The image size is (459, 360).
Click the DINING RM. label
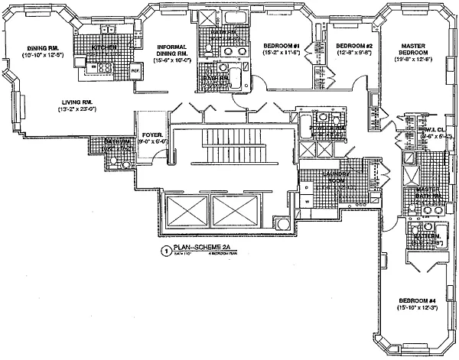pyautogui.click(x=39, y=46)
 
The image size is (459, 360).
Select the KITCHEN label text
pyautogui.click(x=105, y=48)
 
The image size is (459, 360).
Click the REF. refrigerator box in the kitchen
pyautogui.click(x=135, y=72)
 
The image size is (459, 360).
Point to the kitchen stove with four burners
pyautogui.click(x=103, y=68)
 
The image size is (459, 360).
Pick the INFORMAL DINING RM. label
pyautogui.click(x=172, y=50)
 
